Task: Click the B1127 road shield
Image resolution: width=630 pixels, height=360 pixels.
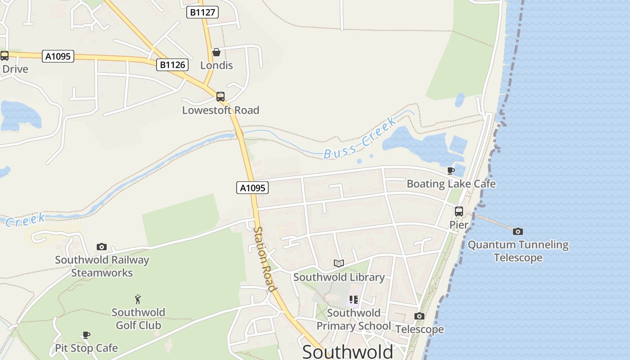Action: point(202,12)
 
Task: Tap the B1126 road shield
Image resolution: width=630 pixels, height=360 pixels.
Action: point(172,65)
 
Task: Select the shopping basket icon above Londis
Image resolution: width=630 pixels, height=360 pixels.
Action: point(216,52)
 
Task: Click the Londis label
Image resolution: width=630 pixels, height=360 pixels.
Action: point(216,65)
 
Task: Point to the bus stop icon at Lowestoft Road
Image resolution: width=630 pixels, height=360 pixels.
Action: point(220,97)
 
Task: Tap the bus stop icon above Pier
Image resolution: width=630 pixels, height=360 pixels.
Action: point(459,211)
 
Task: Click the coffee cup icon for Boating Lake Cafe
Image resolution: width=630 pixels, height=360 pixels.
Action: point(451,171)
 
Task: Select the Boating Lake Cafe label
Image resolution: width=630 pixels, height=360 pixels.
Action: point(451,184)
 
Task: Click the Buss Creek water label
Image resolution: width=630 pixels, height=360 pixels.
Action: point(360,138)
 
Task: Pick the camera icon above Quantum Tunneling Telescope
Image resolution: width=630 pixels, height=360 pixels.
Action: point(518,231)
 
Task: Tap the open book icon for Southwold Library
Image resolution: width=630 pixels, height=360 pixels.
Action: point(339,263)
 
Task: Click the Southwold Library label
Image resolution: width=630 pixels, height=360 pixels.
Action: point(339,277)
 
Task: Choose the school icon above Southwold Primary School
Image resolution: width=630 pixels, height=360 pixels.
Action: point(354,299)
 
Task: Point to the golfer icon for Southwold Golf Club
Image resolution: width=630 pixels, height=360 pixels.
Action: point(138,299)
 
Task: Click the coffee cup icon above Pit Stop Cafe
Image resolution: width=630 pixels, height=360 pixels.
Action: point(86,335)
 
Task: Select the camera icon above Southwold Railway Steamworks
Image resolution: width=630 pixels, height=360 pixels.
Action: point(102,247)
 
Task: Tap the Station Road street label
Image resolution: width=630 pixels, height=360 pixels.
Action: point(264,259)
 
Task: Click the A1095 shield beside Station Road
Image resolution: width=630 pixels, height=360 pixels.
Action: point(252,188)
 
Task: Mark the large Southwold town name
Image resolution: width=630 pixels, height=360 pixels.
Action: point(348,351)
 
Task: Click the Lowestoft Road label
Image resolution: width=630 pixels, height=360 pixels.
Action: point(220,110)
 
